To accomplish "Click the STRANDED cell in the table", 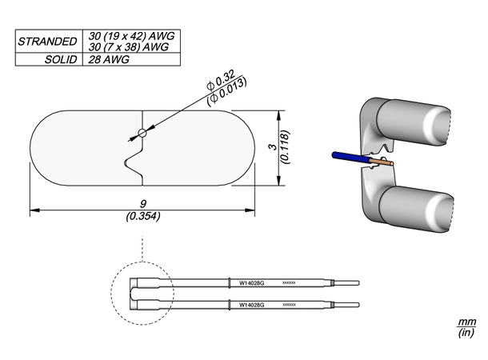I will pyautogui.click(x=47, y=41).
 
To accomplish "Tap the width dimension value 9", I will pyautogui.click(x=142, y=205).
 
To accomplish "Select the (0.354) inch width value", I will pyautogui.click(x=142, y=216).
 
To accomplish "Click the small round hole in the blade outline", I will pyautogui.click(x=142, y=133).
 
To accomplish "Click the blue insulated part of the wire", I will pyautogui.click(x=342, y=157).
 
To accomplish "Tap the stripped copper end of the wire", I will pyautogui.click(x=376, y=162).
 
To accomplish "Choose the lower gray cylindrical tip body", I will pyautogui.click(x=417, y=209).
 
